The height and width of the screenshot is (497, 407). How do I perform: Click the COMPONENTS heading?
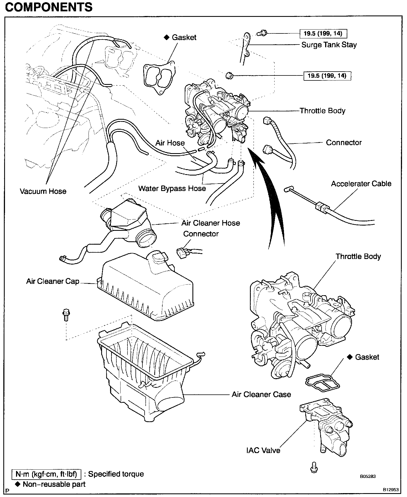pyautogui.click(x=49, y=7)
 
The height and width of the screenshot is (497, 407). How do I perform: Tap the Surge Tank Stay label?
pyautogui.click(x=329, y=45)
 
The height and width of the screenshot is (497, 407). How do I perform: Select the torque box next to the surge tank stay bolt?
pyautogui.click(x=323, y=34)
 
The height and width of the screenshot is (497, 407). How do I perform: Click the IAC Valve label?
pyautogui.click(x=263, y=450)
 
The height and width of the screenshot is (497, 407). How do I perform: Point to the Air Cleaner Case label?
pyautogui.click(x=261, y=394)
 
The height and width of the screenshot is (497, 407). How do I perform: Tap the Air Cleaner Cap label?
pyautogui.click(x=53, y=281)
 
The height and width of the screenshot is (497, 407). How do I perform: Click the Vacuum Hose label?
pyautogui.click(x=43, y=191)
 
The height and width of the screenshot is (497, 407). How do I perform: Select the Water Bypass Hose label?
pyautogui.click(x=172, y=189)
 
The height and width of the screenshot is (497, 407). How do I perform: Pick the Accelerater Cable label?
pyautogui.click(x=361, y=184)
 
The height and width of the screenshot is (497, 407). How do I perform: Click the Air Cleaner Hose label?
pyautogui.click(x=210, y=223)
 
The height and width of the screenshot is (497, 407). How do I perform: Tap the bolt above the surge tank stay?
pyautogui.click(x=260, y=33)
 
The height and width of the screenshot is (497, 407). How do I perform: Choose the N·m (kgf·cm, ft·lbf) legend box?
pyautogui.click(x=46, y=474)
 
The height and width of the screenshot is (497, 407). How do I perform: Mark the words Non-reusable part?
pyautogui.click(x=54, y=484)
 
